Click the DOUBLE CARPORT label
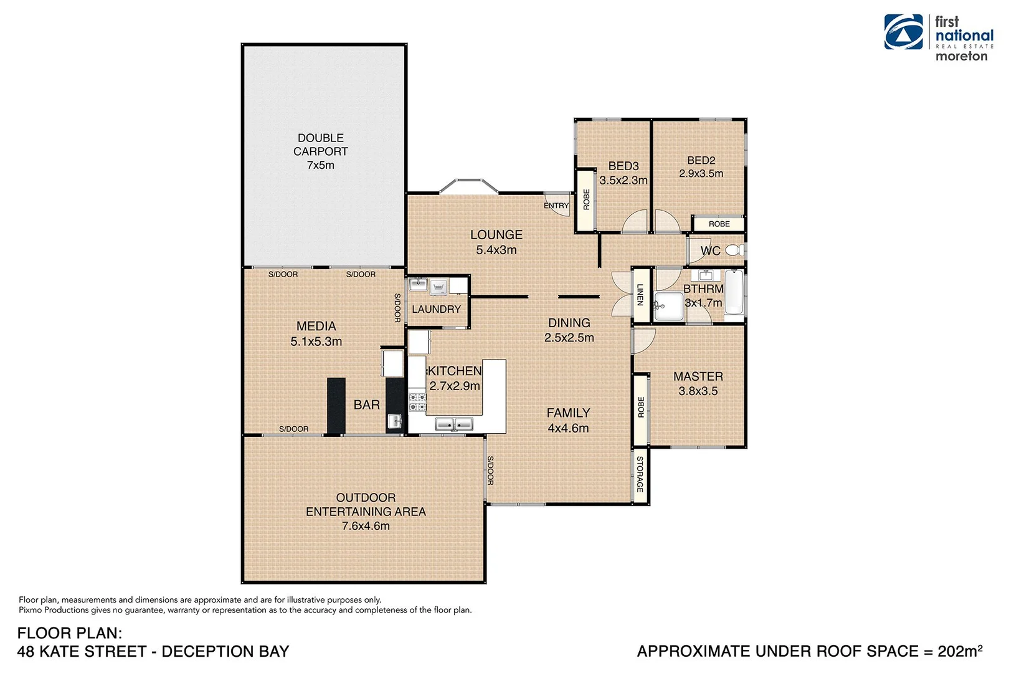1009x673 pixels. click(320, 145)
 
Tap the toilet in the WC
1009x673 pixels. click(734, 251)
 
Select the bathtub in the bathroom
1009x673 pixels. click(734, 292)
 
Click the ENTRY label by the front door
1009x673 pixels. click(556, 206)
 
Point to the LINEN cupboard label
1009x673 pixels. click(640, 295)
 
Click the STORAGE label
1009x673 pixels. click(640, 474)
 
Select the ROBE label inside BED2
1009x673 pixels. click(719, 224)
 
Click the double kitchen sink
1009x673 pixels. click(454, 424)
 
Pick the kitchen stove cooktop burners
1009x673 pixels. click(417, 402)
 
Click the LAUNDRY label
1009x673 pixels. click(436, 309)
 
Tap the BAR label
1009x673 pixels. click(366, 405)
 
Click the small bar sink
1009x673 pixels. click(394, 421)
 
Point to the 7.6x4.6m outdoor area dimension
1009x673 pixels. click(366, 526)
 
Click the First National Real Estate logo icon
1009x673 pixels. click(904, 32)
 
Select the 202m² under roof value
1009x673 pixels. click(959, 651)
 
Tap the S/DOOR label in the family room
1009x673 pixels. click(490, 470)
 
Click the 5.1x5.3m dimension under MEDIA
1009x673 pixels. click(316, 341)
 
